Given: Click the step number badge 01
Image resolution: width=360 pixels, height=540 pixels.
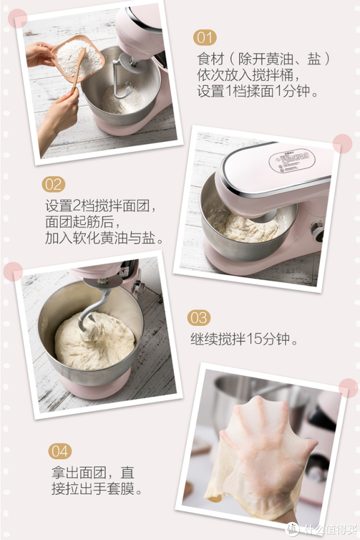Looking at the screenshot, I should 205,38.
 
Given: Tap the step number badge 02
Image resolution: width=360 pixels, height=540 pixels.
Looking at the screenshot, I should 53,184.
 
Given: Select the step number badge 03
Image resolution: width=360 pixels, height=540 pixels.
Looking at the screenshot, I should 199,317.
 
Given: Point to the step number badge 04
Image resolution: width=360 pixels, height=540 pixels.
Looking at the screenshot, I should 60,451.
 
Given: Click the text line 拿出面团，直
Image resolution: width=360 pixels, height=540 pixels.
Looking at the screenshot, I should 93,473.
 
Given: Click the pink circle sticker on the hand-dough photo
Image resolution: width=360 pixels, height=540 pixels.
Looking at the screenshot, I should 347,388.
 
